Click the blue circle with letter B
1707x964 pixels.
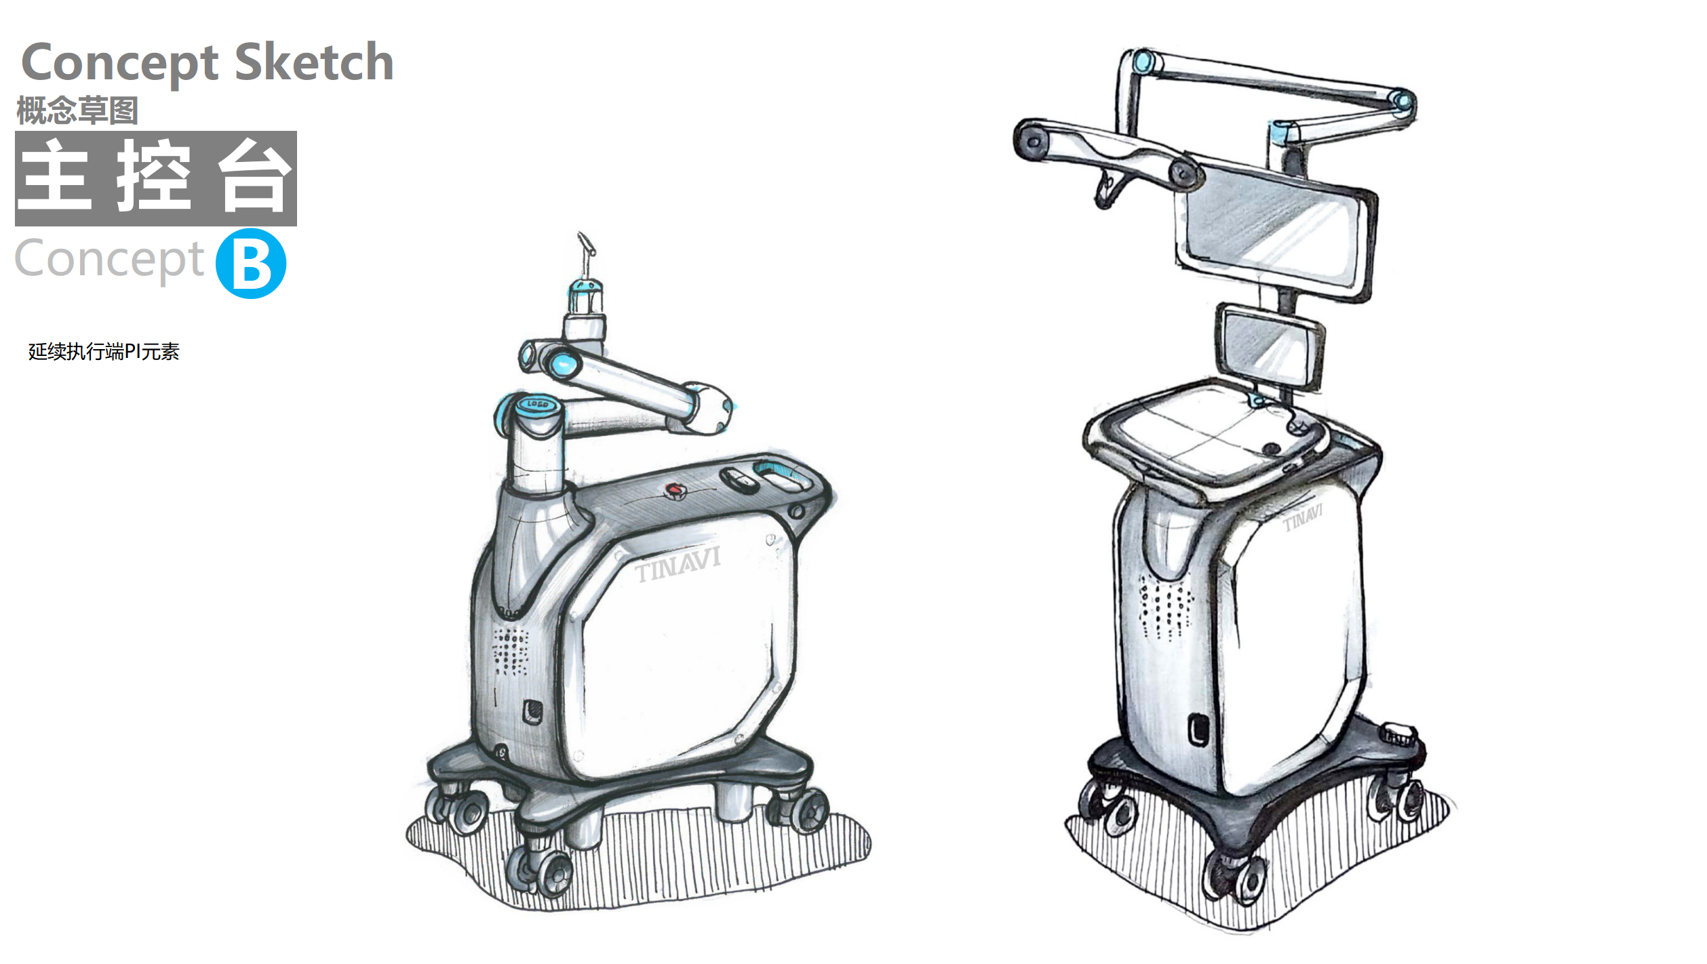(251, 264)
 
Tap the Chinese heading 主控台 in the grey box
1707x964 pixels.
(156, 178)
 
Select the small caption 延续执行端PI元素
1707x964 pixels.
(104, 352)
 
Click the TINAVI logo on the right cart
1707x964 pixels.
(1302, 518)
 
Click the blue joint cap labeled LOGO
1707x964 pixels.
(538, 405)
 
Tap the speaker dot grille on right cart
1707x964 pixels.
(1165, 607)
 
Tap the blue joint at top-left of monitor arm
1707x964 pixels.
(1144, 61)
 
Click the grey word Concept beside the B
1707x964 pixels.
(109, 260)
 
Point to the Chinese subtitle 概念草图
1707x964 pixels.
(77, 111)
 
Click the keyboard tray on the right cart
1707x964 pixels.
(1207, 434)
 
